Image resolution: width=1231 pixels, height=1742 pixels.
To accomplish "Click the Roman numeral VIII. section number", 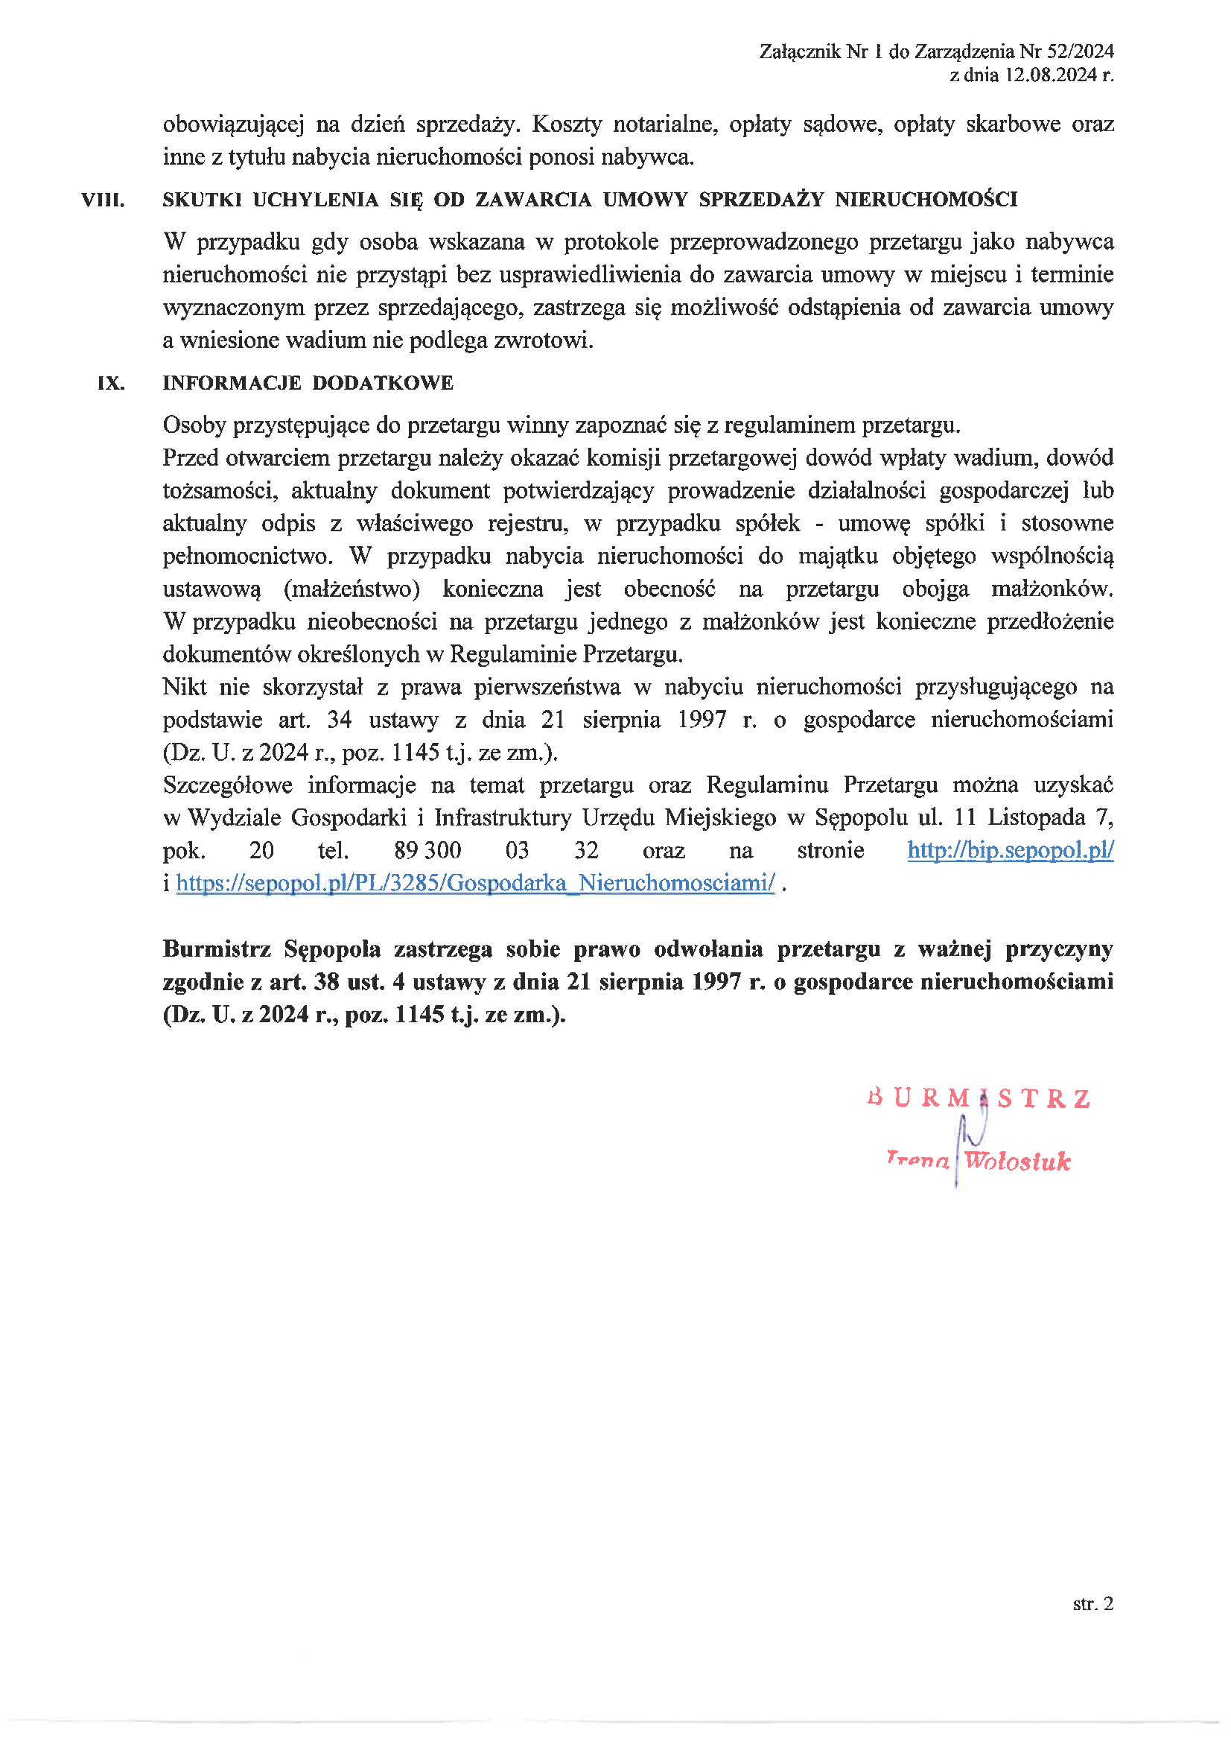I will (x=104, y=200).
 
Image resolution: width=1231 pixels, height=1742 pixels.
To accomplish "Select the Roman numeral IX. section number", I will (x=111, y=383).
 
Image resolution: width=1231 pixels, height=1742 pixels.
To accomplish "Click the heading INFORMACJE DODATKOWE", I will (x=308, y=383).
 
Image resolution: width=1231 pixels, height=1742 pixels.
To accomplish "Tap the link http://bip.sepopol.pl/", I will (x=1011, y=851).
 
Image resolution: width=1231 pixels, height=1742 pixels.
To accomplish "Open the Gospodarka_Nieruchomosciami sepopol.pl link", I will (x=476, y=883).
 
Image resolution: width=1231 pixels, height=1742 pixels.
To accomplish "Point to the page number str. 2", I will (x=1093, y=1603).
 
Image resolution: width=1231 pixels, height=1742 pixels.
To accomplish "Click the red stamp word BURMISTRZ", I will (x=979, y=1098).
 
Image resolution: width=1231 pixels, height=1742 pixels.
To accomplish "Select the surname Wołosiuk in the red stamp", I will (x=1017, y=1161).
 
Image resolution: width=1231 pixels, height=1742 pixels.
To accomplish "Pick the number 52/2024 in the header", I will (x=1080, y=51).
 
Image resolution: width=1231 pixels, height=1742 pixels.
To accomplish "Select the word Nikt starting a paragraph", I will (x=184, y=688).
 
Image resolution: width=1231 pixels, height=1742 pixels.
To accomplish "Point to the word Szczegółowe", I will (x=228, y=785).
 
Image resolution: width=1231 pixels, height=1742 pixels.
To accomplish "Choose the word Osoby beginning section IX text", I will (x=194, y=425).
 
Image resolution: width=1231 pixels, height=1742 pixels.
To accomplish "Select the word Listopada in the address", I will (x=1036, y=818).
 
